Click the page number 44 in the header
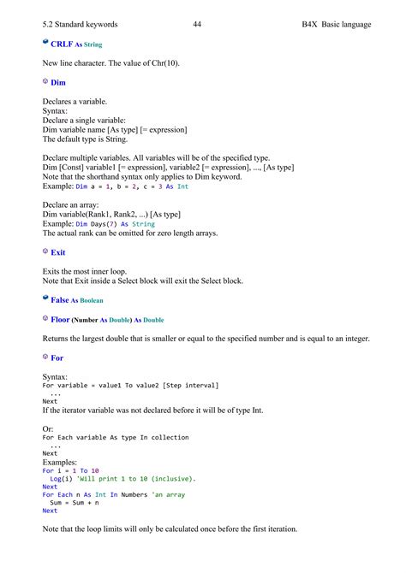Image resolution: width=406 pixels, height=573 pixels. tap(197, 24)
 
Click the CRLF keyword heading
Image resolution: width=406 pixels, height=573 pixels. tap(61, 44)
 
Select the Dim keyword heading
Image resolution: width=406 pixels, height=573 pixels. tap(58, 83)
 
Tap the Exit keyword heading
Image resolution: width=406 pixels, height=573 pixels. tap(58, 253)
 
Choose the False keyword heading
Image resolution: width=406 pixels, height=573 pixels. tap(59, 300)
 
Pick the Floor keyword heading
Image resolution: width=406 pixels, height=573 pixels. tap(61, 320)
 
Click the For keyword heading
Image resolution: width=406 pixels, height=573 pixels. tap(57, 358)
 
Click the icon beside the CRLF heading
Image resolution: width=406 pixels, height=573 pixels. tap(45, 43)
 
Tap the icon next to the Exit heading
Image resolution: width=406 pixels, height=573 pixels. tap(45, 252)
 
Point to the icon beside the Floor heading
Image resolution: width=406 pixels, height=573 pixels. tap(45, 319)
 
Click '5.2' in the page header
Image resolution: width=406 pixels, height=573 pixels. tap(48, 24)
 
